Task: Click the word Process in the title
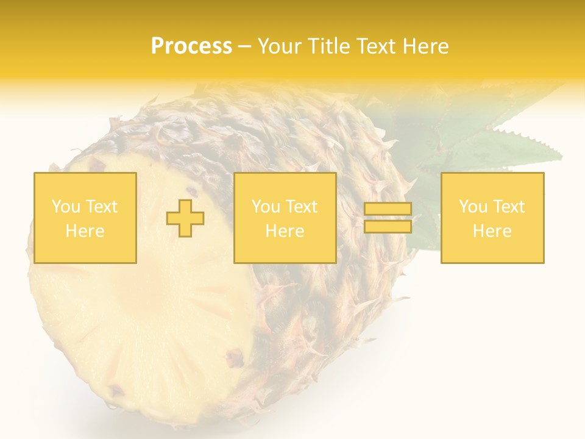point(191,46)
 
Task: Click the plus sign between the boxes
point(185,218)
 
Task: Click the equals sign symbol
point(388,218)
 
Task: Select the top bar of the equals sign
point(388,209)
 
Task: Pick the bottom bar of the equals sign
point(388,227)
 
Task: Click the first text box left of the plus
point(85,218)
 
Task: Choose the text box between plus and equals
point(285,218)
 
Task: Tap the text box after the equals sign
point(492,218)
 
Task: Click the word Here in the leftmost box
point(85,231)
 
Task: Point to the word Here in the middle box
point(285,231)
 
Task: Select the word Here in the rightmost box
point(492,231)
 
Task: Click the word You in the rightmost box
point(473,207)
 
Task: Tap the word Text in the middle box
point(302,207)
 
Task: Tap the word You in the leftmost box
point(66,207)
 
